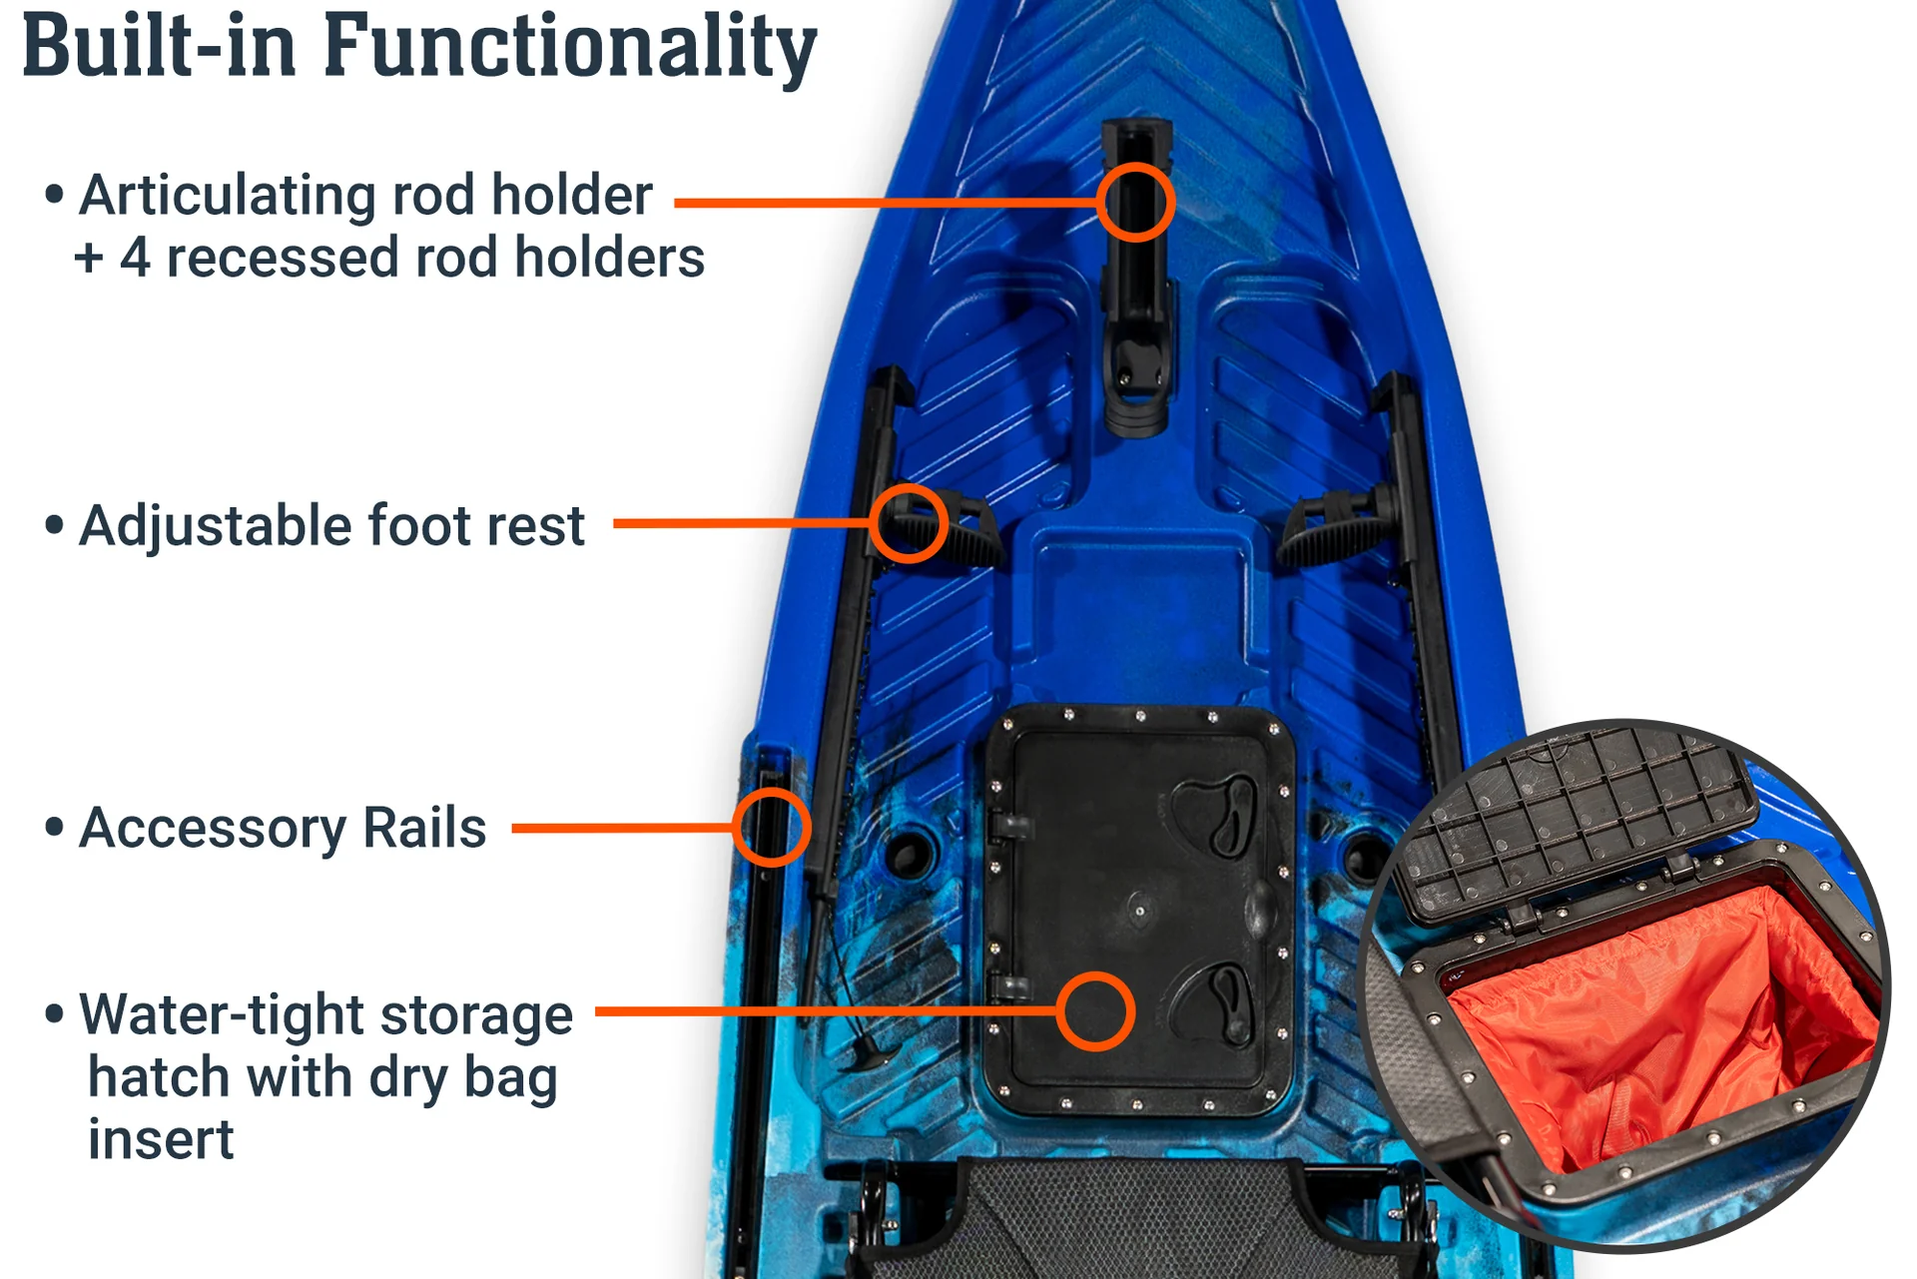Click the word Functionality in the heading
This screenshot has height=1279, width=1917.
coord(570,48)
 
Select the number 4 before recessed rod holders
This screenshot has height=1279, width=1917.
coord(135,258)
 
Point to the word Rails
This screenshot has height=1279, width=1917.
coord(424,828)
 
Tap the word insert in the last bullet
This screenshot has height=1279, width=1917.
coord(161,1139)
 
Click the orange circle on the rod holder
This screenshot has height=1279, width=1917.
coord(1135,166)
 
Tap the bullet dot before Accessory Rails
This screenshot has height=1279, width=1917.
coord(55,828)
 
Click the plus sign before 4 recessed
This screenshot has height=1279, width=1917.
coord(88,259)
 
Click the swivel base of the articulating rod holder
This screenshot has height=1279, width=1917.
coord(1136,394)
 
